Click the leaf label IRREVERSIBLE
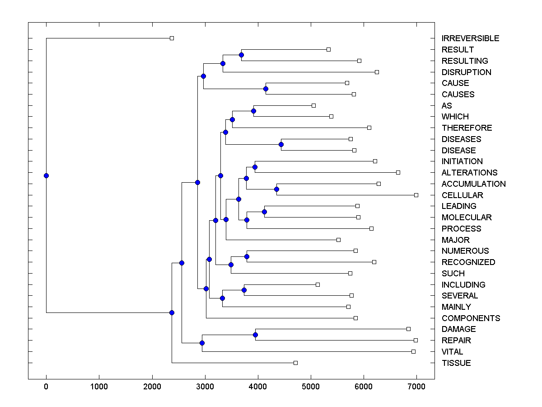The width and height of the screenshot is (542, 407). pyautogui.click(x=470, y=38)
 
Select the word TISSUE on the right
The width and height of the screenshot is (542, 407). pyautogui.click(x=456, y=363)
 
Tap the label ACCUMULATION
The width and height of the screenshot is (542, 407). pyautogui.click(x=473, y=184)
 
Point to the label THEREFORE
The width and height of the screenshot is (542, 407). pyautogui.click(x=467, y=128)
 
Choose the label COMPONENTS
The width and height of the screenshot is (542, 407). pyautogui.click(x=471, y=318)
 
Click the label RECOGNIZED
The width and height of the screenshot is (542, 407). pyautogui.click(x=468, y=262)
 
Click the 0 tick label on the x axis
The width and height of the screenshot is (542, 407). pyautogui.click(x=46, y=386)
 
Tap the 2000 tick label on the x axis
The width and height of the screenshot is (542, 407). pyautogui.click(x=152, y=386)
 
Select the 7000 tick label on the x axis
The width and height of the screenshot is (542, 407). pyautogui.click(x=416, y=386)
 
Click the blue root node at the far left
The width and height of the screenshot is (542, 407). pyautogui.click(x=46, y=175)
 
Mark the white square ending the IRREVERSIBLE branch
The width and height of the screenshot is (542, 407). pyautogui.click(x=172, y=38)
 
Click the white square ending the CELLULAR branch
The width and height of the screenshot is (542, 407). pyautogui.click(x=416, y=195)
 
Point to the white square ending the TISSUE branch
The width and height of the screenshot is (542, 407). pyautogui.click(x=295, y=363)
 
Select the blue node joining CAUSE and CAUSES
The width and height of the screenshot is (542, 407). pyautogui.click(x=266, y=89)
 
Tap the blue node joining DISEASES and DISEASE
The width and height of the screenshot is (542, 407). pyautogui.click(x=281, y=145)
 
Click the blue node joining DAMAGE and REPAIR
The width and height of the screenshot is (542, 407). pyautogui.click(x=255, y=335)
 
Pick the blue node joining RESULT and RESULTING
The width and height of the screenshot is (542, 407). pyautogui.click(x=241, y=55)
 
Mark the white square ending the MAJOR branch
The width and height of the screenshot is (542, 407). pyautogui.click(x=338, y=240)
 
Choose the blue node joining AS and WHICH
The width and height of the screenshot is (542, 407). pyautogui.click(x=253, y=111)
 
